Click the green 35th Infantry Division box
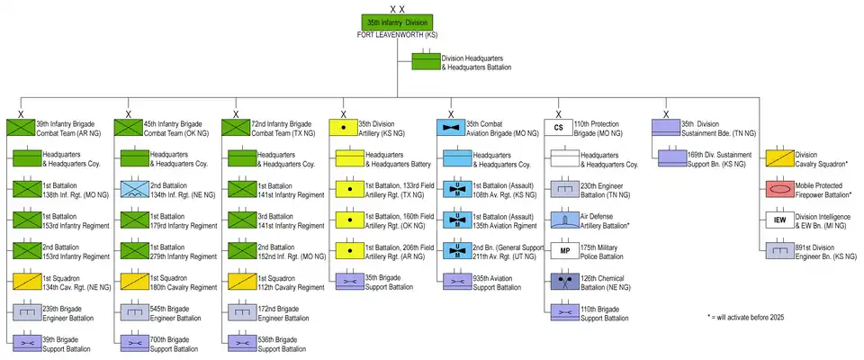tap(398, 22)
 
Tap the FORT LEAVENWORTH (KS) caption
tap(398, 34)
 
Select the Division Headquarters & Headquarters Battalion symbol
tap(426, 62)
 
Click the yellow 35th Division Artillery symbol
tap(343, 128)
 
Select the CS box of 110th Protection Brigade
tap(559, 128)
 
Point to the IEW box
tap(780, 220)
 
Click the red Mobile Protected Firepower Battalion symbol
tap(780, 189)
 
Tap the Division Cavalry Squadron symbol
tap(780, 158)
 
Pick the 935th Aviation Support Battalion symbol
tap(456, 281)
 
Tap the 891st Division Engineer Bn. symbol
tap(780, 250)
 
